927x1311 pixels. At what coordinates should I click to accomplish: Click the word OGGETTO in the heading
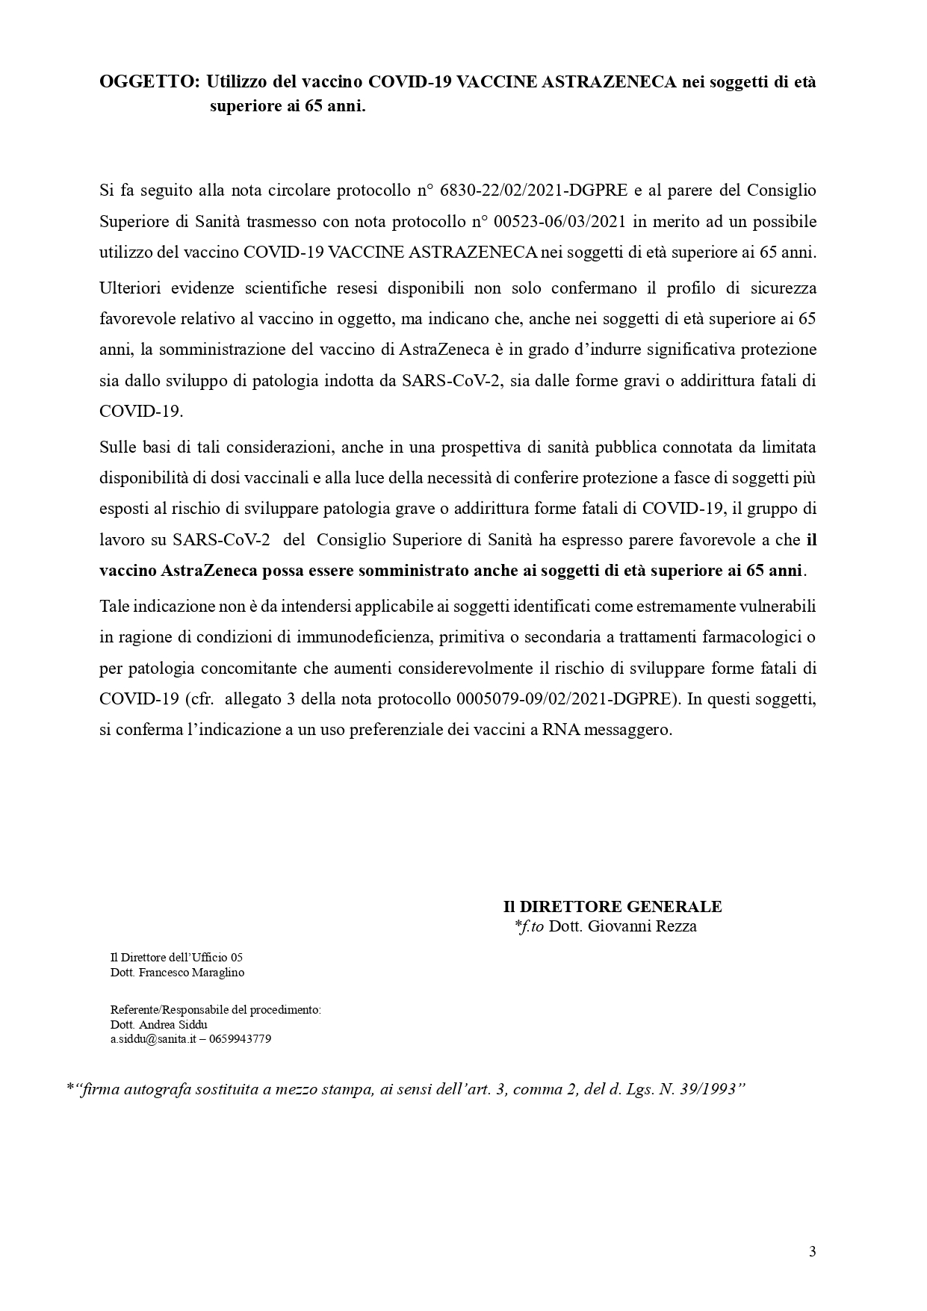tap(149, 83)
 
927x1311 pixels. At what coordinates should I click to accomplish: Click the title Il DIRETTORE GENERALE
tap(612, 907)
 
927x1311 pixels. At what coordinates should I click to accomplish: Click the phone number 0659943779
tap(241, 1039)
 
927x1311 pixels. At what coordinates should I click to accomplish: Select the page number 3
tap(813, 1252)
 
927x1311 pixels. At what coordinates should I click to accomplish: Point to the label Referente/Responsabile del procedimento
tap(215, 1010)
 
